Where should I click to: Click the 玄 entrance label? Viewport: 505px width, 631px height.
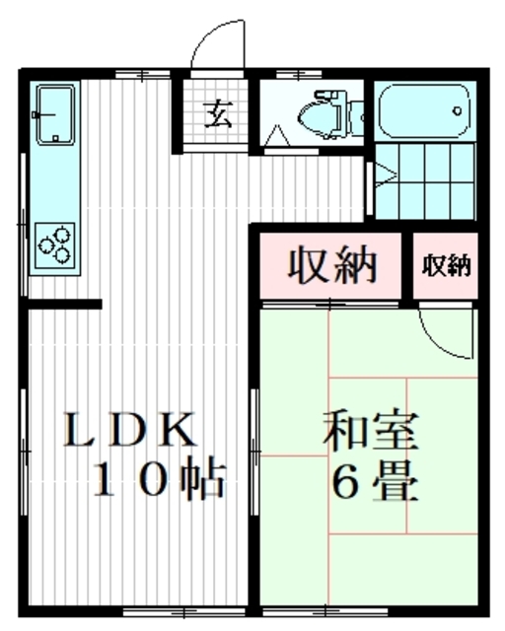[218, 115]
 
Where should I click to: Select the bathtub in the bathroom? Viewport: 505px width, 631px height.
[424, 112]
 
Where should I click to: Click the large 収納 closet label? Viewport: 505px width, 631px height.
[333, 265]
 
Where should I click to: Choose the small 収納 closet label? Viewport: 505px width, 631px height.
[447, 265]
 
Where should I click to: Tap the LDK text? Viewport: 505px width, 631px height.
[128, 430]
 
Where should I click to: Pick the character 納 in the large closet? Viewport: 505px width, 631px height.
[357, 265]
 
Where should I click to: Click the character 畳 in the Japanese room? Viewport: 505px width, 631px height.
[397, 482]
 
